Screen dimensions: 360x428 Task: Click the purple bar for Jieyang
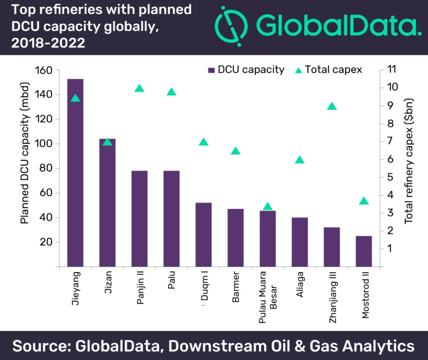(x=75, y=173)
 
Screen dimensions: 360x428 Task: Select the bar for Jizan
(x=107, y=202)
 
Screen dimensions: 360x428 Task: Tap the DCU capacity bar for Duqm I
(x=204, y=234)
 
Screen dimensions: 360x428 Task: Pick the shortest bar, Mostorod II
(x=364, y=251)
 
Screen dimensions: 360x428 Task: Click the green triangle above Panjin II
(x=139, y=88)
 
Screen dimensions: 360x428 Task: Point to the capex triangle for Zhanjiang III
(x=332, y=106)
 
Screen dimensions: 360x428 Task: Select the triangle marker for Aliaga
(x=300, y=160)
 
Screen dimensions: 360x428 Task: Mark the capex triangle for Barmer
(x=236, y=151)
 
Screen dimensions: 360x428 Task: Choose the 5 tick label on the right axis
(x=390, y=177)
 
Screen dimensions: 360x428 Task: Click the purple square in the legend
(x=211, y=70)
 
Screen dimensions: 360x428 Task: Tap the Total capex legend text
(x=334, y=70)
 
